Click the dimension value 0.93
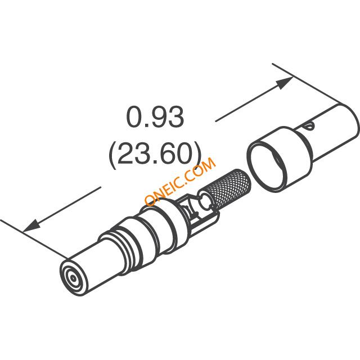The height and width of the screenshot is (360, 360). pyautogui.click(x=155, y=117)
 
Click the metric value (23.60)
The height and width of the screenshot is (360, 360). pyautogui.click(x=155, y=154)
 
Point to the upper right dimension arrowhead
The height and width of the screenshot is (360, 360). pyautogui.click(x=284, y=83)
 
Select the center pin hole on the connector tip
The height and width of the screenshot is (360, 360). pyautogui.click(x=73, y=278)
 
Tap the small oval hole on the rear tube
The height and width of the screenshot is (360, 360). pyautogui.click(x=309, y=126)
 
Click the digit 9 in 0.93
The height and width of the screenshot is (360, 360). pyautogui.click(x=156, y=117)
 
